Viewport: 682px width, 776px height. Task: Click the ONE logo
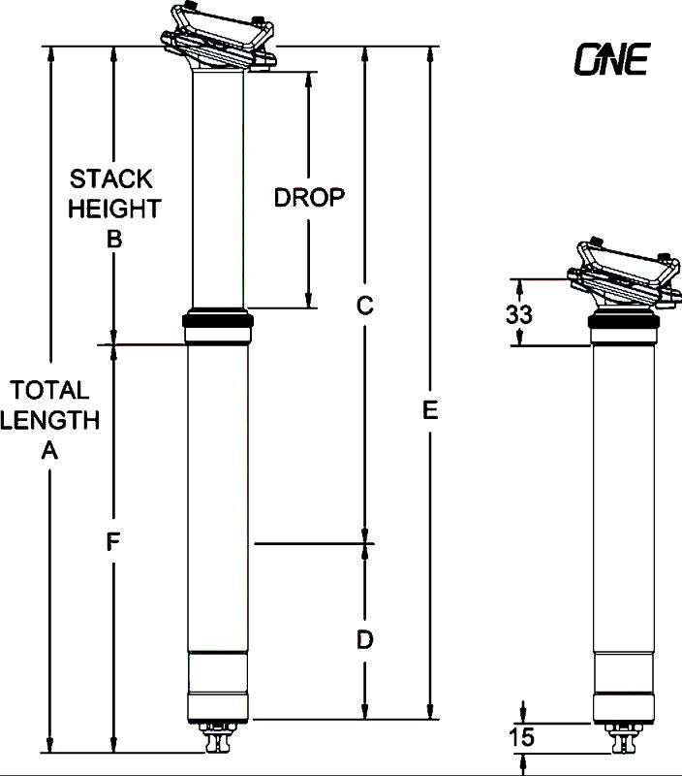(610, 60)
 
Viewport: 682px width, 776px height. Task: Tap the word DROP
(309, 198)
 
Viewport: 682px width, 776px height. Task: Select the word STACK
(111, 179)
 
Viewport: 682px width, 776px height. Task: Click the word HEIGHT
(113, 209)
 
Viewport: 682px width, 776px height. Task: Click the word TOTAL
(48, 390)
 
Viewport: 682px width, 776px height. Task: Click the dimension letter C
(364, 306)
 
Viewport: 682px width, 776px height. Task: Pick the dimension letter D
(364, 639)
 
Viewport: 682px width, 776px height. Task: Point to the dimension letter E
(431, 410)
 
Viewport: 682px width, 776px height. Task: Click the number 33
(518, 314)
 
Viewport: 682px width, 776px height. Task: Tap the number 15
(520, 738)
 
